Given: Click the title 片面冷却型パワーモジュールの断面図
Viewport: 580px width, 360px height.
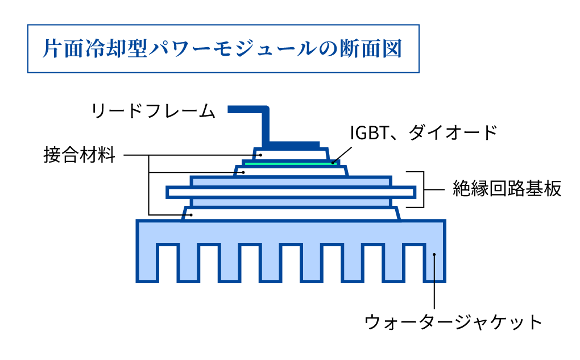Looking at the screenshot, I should pos(223,48).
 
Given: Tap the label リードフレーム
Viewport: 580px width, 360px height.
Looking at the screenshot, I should pos(154,110).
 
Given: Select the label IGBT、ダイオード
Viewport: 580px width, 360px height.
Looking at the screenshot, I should pos(424,133).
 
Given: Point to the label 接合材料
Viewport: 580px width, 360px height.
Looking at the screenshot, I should pos(80,155).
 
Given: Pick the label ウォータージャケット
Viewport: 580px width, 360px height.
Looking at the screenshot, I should pos(453,322).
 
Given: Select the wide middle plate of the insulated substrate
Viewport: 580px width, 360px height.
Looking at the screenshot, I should pos(291,192).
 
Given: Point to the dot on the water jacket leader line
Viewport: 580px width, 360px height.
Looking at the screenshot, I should pos(434,255).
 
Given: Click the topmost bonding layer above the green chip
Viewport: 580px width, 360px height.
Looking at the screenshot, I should pos(290,154).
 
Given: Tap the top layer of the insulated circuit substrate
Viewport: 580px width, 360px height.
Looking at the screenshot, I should pos(291,181).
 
